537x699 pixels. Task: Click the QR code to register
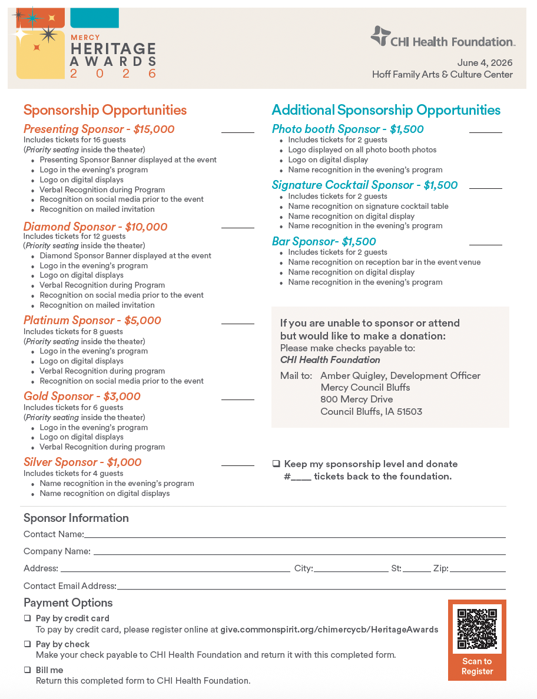coord(477,629)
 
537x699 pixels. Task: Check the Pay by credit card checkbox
coord(27,618)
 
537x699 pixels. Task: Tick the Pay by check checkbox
coord(27,644)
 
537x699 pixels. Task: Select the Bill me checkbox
coord(27,670)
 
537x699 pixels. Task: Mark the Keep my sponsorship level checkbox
coord(276,464)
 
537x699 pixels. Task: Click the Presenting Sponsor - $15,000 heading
coord(99,129)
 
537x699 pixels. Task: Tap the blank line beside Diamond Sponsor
coord(237,227)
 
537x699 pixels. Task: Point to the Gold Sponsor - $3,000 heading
coord(82,397)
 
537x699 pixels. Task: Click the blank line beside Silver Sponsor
coord(237,465)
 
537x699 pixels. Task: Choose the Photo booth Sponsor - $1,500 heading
coord(347,129)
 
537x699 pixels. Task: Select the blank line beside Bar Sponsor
coord(485,244)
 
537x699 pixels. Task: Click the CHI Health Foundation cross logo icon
coord(380,36)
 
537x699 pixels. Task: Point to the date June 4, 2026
coord(485,63)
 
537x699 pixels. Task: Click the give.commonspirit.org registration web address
coord(329,630)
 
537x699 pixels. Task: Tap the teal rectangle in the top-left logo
coord(94,18)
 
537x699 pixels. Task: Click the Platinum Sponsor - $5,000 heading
coord(92,321)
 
